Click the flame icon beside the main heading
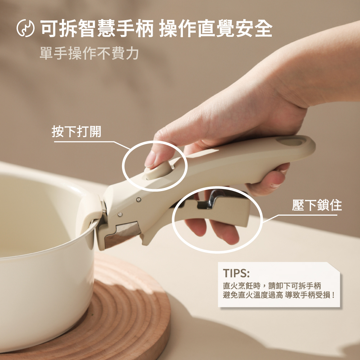26,28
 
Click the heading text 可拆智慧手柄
96,28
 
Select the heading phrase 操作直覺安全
216,28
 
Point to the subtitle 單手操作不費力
89,53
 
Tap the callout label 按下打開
76,131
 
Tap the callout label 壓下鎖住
317,205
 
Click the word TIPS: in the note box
236,273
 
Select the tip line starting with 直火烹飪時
272,286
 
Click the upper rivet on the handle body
139,199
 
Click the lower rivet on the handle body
120,215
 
